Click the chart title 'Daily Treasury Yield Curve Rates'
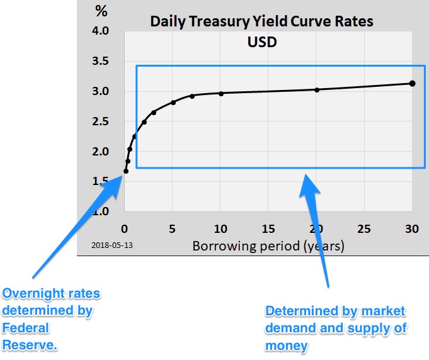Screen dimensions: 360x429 [261, 21]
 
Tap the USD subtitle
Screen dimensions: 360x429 [262, 44]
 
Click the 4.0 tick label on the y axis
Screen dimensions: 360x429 [100, 31]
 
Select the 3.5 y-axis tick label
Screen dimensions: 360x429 [100, 61]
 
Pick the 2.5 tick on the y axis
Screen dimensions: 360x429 [100, 121]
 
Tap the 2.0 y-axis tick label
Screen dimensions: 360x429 [100, 151]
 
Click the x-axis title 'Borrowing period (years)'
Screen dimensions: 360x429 [268, 245]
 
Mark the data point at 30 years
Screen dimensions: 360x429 [412, 83]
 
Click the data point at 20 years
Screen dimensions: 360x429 [317, 89]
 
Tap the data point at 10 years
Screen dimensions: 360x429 [221, 93]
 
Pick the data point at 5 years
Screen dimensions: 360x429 [173, 102]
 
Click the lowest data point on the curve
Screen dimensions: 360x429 [126, 171]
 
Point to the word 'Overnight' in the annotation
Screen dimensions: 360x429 [31, 294]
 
